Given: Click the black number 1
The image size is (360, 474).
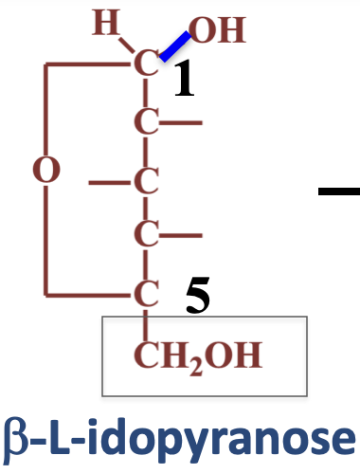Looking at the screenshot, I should click(x=184, y=83).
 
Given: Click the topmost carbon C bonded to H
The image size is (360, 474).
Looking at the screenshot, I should click(x=145, y=65).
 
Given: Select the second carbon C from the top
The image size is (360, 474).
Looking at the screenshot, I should click(x=145, y=122).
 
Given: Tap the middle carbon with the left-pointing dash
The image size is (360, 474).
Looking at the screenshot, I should click(x=145, y=179).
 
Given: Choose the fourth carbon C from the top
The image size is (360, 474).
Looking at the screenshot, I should click(x=145, y=232).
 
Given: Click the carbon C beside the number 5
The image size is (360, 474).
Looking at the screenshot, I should click(x=145, y=291).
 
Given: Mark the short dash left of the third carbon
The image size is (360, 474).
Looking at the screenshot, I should click(x=103, y=179).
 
